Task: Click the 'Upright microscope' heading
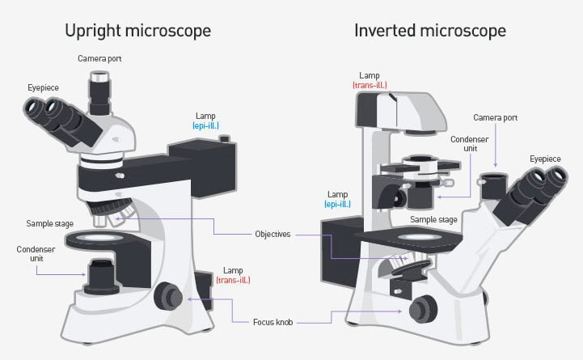click(x=137, y=31)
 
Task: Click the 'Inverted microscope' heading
click(x=429, y=31)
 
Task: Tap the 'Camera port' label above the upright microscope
click(x=99, y=59)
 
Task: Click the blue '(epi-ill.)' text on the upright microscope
click(x=205, y=126)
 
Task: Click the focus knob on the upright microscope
click(x=169, y=296)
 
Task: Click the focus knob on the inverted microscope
click(x=422, y=308)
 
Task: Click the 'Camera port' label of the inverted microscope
click(x=495, y=117)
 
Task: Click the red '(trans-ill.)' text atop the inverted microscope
click(x=369, y=85)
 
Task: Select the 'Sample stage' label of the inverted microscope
click(x=433, y=219)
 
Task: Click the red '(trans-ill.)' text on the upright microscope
click(x=233, y=280)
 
